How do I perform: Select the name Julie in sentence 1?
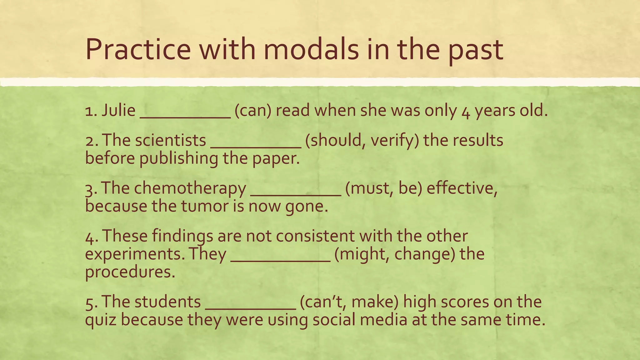118,110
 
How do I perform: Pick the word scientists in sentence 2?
171,140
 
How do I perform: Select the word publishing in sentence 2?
178,158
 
